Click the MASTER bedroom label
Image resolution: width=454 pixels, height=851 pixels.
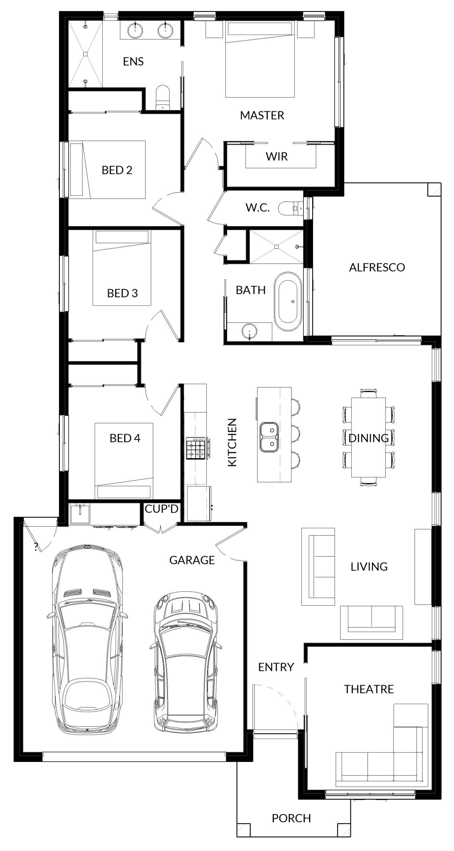pos(262,115)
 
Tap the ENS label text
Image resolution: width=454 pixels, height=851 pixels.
pos(133,61)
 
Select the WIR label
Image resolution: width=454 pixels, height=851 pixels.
pos(277,156)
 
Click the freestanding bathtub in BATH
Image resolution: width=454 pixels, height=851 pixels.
pos(288,301)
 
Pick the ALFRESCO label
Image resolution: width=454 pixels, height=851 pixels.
pos(377,267)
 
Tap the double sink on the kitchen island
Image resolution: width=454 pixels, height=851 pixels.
pos(269,437)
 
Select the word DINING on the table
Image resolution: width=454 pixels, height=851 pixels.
pos(369,438)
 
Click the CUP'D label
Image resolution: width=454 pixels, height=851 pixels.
pos(162,509)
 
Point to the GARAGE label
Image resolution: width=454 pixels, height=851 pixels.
pos(192,560)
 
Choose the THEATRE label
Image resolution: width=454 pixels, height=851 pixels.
pos(369,689)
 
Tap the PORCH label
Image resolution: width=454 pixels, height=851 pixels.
pos(291,818)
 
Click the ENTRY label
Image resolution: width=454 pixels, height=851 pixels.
pos(276,667)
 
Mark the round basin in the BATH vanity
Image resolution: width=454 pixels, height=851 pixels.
pos(250,332)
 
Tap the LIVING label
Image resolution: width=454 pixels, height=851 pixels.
pos(369,566)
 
